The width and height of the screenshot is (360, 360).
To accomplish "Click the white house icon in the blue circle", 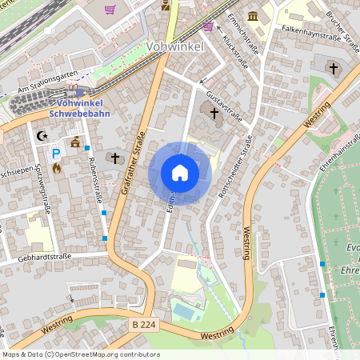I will coord(180,173).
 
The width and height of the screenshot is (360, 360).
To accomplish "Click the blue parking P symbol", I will coord(56,153).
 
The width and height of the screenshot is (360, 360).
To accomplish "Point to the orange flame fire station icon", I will coord(56,169).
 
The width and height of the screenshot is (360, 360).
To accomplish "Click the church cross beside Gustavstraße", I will coord(214,114).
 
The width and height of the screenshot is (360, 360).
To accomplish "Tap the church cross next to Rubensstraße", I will coord(115,158).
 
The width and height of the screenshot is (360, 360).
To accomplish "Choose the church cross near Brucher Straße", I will coord(333,69).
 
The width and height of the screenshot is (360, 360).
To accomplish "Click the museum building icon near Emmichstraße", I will coord(254,17).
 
